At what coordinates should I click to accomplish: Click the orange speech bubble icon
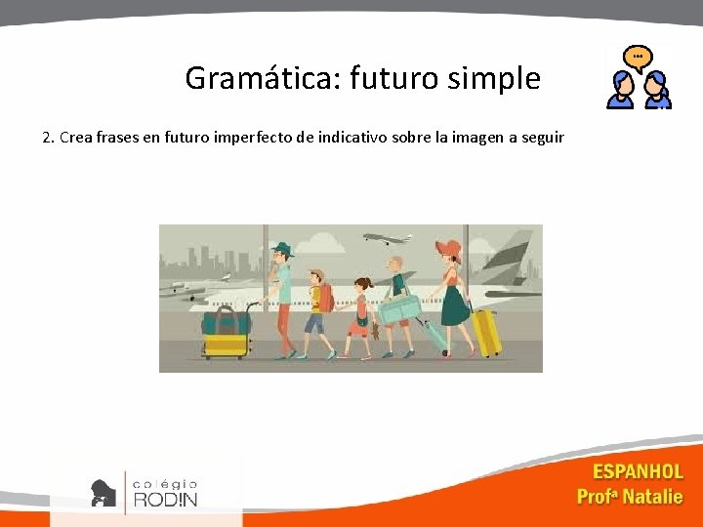639,58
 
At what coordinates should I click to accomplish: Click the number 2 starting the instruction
47,137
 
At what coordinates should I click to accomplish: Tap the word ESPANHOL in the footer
638,472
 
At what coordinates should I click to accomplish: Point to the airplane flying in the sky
387,238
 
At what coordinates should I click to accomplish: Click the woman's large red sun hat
449,248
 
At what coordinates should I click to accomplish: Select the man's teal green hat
282,249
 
